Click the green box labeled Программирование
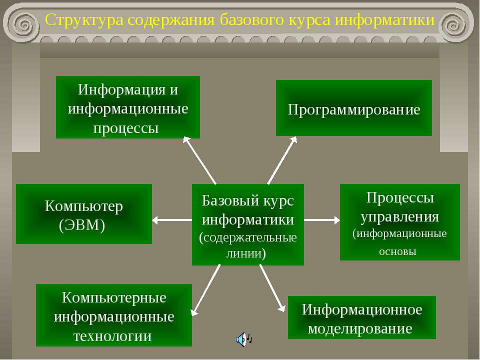pos(353,108)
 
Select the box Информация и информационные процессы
pos(127,107)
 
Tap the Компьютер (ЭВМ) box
pos(83,214)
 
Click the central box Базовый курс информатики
pos(247,225)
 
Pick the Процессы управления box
pos(399,222)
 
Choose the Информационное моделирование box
pos(361,317)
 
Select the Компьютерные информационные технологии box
pos(113,315)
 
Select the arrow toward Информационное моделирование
pos(272,288)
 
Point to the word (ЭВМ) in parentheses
pos(82,225)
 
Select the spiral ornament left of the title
pos(22,22)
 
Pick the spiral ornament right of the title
pos(455,22)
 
